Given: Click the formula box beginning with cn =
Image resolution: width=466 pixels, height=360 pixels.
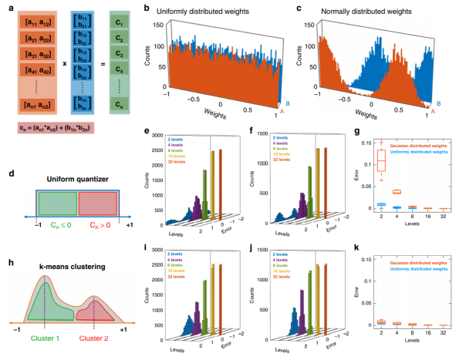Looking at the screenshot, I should (x=56, y=127).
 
